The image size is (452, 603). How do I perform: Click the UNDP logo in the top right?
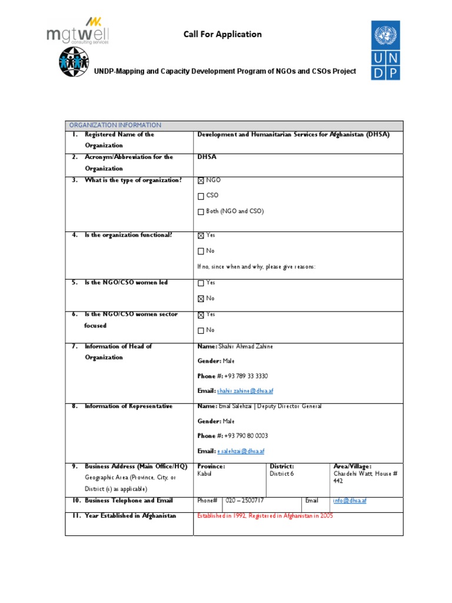385,50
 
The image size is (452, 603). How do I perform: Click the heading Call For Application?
222,34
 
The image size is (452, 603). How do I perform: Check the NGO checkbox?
201,181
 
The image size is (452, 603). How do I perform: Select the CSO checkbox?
201,196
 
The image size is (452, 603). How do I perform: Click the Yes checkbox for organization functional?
201,236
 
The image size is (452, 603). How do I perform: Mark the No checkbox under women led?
201,299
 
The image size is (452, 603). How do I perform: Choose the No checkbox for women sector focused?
201,330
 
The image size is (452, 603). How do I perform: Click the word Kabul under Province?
204,473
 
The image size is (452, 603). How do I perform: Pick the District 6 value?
281,473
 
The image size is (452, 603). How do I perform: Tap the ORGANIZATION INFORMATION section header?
115,125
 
